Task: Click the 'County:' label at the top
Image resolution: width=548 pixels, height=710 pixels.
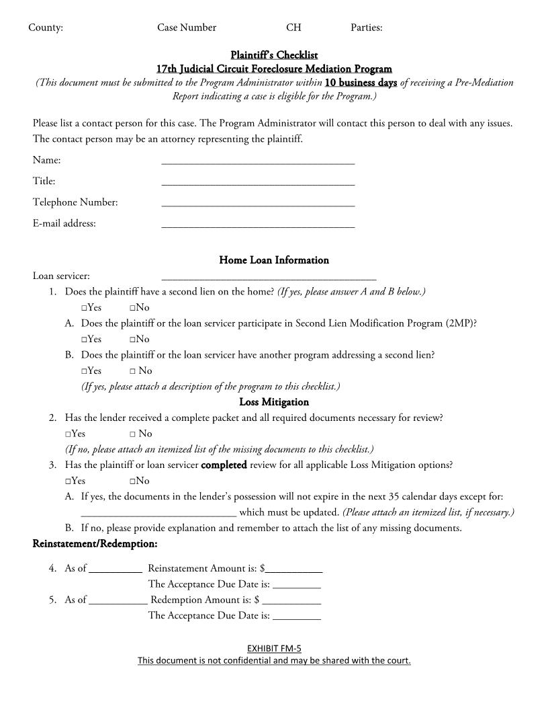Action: point(46,28)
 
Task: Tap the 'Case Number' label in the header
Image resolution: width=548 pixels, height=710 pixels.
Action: point(187,28)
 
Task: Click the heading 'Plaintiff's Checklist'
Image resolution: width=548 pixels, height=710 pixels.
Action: point(274,54)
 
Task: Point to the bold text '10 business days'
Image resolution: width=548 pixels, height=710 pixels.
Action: point(361,83)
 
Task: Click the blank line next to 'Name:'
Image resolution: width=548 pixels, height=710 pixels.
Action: point(258,161)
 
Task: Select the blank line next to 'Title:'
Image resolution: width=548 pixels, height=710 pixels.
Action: point(258,182)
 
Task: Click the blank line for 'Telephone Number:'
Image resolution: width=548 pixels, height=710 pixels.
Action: point(258,204)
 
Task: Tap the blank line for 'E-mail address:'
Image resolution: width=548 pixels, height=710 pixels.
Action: point(258,225)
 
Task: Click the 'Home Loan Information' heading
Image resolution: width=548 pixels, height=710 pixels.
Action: point(274,260)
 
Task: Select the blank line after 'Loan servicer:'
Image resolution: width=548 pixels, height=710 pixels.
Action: point(269,276)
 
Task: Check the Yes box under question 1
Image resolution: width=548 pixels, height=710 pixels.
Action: point(85,308)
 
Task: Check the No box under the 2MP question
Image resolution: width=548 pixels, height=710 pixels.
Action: point(133,340)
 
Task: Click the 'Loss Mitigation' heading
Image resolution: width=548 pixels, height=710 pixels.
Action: point(274,402)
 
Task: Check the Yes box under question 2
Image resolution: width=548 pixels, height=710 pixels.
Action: point(68,434)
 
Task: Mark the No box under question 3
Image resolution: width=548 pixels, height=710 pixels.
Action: point(133,481)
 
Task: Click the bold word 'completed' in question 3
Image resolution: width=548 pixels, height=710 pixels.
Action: point(224,465)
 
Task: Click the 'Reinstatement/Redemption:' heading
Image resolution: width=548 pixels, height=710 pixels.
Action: point(95,543)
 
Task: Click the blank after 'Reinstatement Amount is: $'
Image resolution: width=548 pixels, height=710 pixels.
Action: point(294,569)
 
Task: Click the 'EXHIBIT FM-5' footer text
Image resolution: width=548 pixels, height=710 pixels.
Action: point(274,649)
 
